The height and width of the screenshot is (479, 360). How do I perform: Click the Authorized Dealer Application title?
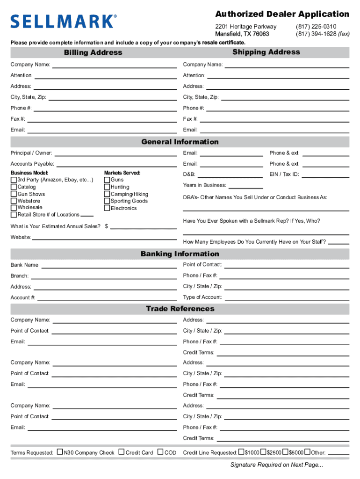pos(282,14)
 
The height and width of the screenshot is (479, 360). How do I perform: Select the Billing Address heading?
pos(93,52)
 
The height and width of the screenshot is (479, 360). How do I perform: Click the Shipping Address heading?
pos(266,52)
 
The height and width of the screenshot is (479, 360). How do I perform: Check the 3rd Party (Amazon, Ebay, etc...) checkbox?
pos(14,180)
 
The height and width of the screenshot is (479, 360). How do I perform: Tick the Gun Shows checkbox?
pos(14,194)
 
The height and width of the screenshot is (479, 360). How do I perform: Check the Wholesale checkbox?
pos(14,207)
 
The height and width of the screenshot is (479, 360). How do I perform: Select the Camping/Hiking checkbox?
pos(107,194)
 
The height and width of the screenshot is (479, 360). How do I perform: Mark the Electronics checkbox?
pos(107,208)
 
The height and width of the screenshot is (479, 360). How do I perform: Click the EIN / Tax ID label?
pos(284,174)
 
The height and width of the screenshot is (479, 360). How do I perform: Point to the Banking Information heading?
pos(180,254)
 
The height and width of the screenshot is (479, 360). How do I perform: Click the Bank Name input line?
pos(110,268)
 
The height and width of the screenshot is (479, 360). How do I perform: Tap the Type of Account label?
pos(202,297)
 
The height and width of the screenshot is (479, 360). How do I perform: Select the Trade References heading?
pos(180,309)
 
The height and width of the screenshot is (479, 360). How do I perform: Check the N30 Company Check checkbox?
pos(60,452)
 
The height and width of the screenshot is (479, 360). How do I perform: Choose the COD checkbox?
pos(160,452)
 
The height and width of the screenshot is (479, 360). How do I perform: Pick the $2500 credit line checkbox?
pos(263,452)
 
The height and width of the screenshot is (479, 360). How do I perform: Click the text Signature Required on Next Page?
pos(276,464)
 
